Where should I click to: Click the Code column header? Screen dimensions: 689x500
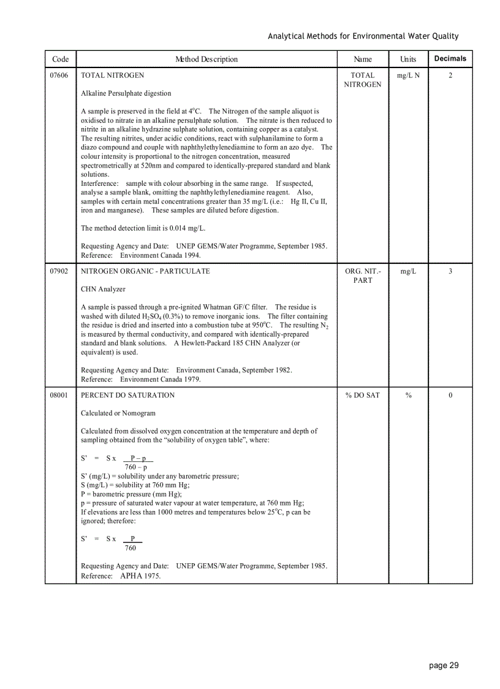pyautogui.click(x=60, y=60)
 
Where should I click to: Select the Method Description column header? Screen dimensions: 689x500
pyautogui.click(x=206, y=60)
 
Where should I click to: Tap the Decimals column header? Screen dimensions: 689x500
pyautogui.click(x=450, y=59)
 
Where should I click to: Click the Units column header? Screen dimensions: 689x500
pyautogui.click(x=408, y=60)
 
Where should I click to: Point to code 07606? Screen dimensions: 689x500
pyautogui.click(x=59, y=75)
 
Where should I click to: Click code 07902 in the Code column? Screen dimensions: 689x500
pyautogui.click(x=59, y=271)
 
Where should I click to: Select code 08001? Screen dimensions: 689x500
pyautogui.click(x=59, y=395)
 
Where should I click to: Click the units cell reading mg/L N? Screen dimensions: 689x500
pyautogui.click(x=408, y=75)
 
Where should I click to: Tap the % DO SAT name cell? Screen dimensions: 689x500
pyautogui.click(x=363, y=395)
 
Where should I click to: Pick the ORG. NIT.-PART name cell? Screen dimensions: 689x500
pyautogui.click(x=363, y=275)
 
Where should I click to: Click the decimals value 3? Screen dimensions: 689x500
pyautogui.click(x=450, y=271)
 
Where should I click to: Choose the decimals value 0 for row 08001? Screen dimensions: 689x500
pyautogui.click(x=450, y=395)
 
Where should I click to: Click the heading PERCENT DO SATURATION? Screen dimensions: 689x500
pyautogui.click(x=127, y=395)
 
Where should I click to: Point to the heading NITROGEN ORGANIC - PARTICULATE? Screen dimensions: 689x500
pyautogui.click(x=145, y=271)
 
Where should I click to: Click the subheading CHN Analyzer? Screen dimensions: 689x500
pyautogui.click(x=103, y=289)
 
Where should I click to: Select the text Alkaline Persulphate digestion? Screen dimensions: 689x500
pyautogui.click(x=126, y=93)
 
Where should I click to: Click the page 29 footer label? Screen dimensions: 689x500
pyautogui.click(x=444, y=666)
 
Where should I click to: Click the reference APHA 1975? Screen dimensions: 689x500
pyautogui.click(x=140, y=576)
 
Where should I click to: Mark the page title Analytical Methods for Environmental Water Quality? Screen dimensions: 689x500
pyautogui.click(x=363, y=36)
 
